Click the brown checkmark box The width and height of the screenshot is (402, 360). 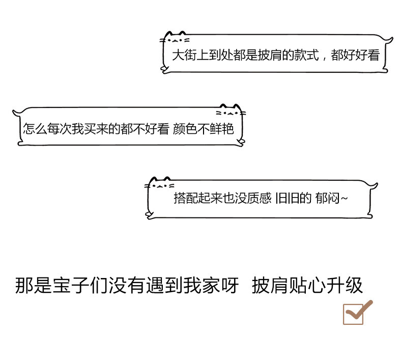[354, 313]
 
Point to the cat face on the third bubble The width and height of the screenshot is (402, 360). [161, 184]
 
